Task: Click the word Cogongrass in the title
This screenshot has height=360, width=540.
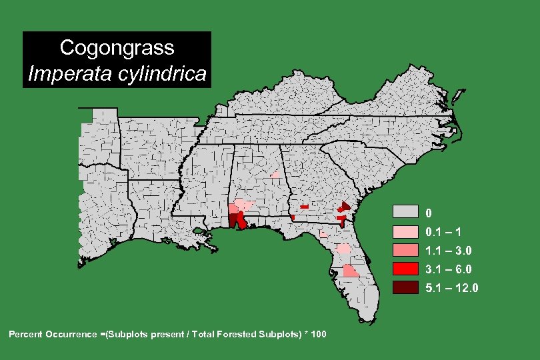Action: (x=117, y=48)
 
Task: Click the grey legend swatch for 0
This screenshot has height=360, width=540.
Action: (x=405, y=213)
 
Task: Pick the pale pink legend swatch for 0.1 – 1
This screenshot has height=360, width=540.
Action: (x=405, y=231)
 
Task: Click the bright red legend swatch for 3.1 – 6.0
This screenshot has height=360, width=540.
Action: (x=405, y=269)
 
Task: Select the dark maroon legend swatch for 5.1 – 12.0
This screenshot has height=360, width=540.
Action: (x=405, y=287)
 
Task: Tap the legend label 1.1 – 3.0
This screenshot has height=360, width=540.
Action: (x=449, y=251)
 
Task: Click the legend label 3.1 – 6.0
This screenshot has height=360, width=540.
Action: (x=449, y=269)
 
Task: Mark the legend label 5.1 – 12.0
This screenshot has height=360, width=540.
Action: (x=452, y=288)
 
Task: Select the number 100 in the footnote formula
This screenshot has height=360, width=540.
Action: (x=318, y=333)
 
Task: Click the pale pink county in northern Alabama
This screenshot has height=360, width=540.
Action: (x=275, y=175)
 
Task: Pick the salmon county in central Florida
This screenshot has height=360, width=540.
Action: (x=350, y=271)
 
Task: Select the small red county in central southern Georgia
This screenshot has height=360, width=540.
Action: (x=304, y=207)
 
